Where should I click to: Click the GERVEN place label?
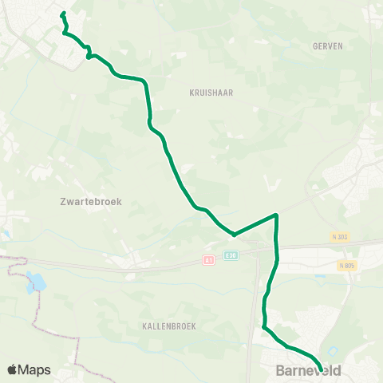pos(328,46)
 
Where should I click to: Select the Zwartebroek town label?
pos(90,202)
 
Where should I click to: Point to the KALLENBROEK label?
pos(169,326)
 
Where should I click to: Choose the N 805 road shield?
pos(346,265)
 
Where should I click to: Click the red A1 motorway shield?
pos(208,260)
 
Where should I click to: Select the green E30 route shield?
pos(231,255)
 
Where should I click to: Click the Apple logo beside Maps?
pos(13,369)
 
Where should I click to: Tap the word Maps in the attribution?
pos(35,369)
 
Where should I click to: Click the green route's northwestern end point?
pos(62,14)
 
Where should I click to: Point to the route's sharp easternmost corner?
pos(276,215)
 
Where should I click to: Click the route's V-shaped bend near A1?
pos(234,235)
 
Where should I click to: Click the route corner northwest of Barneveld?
pos(264,326)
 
